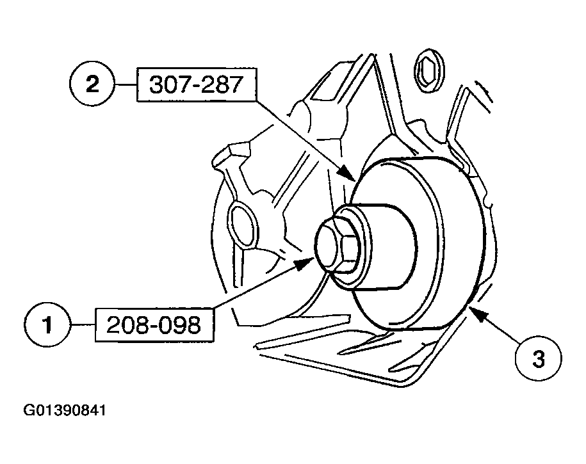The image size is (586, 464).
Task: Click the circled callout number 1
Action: pyautogui.click(x=47, y=326)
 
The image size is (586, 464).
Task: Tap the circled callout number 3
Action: pyautogui.click(x=537, y=359)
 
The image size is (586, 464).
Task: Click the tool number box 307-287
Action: pyautogui.click(x=196, y=86)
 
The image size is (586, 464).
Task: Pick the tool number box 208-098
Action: pyautogui.click(x=154, y=326)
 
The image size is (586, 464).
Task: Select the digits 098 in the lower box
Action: pyautogui.click(x=177, y=326)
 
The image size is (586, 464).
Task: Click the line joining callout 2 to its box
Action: pyautogui.click(x=126, y=85)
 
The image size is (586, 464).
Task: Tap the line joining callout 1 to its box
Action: pyautogui.click(x=82, y=326)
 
